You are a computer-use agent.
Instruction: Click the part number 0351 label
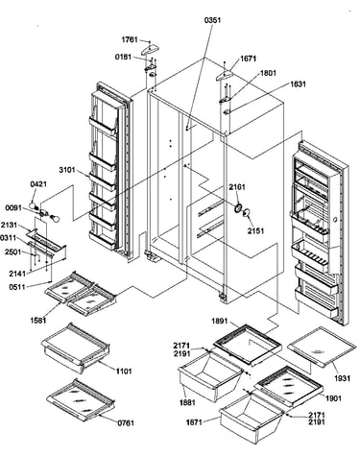(x=212, y=20)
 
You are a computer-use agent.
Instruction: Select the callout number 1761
(x=130, y=39)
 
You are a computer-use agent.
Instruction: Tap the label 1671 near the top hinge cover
(x=248, y=59)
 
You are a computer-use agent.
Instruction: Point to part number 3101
(x=67, y=170)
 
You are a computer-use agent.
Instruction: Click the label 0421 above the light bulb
(x=38, y=184)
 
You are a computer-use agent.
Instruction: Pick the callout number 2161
(x=237, y=187)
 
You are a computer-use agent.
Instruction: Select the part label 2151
(x=255, y=230)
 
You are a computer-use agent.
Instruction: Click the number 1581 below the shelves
(x=38, y=320)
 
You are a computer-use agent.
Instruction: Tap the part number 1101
(x=124, y=372)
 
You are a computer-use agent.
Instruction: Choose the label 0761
(x=126, y=423)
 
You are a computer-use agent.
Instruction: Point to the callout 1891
(x=220, y=321)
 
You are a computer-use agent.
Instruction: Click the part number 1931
(x=342, y=378)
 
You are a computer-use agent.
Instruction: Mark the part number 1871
(x=194, y=422)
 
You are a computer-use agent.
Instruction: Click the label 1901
(x=333, y=398)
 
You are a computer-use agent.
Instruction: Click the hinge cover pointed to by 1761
(x=150, y=50)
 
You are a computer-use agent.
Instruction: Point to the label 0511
(x=17, y=286)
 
